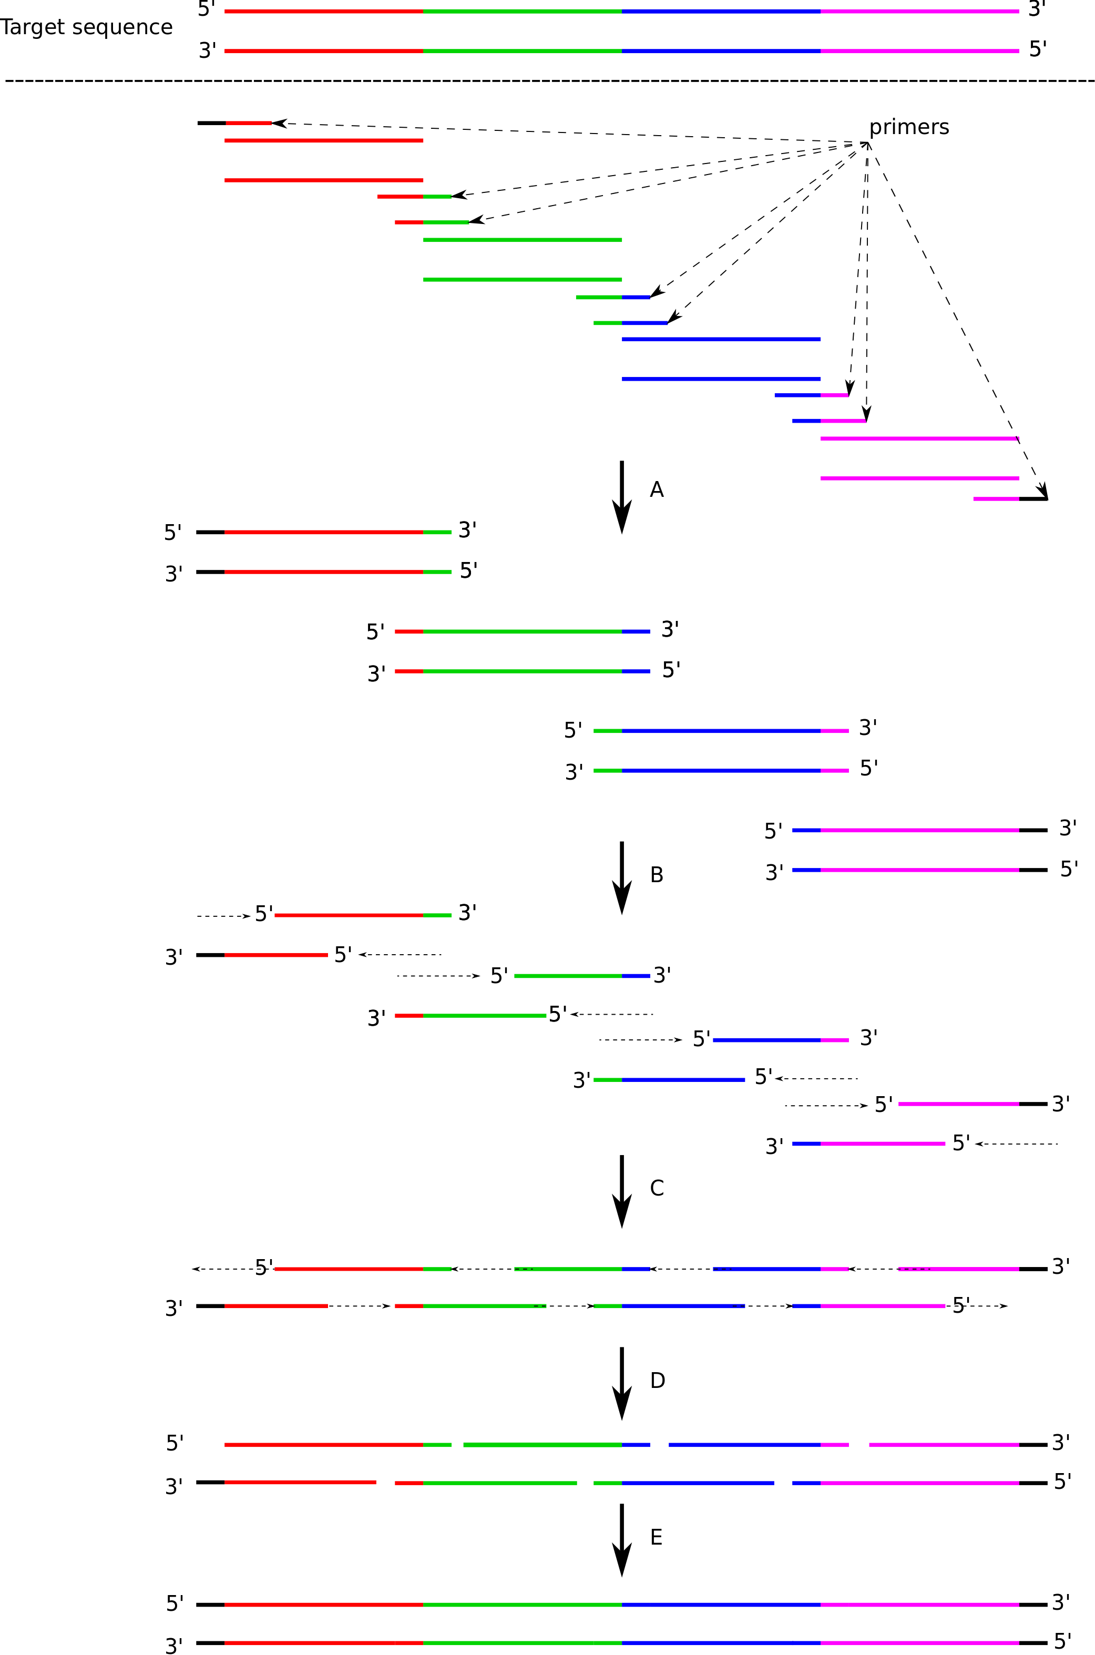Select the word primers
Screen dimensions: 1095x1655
click(x=909, y=128)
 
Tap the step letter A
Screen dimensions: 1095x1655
click(x=657, y=489)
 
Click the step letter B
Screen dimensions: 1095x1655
click(x=657, y=874)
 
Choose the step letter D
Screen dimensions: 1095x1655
click(x=657, y=1380)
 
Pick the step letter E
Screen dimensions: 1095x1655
click(x=657, y=1537)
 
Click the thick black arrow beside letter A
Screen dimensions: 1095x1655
click(x=621, y=497)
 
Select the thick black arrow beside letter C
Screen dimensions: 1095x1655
click(x=621, y=1191)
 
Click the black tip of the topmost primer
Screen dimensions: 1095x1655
click(x=212, y=124)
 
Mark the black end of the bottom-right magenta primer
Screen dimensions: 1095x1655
click(x=1033, y=498)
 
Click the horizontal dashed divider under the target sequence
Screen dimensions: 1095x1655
click(x=549, y=81)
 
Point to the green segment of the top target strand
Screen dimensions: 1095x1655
click(x=523, y=11)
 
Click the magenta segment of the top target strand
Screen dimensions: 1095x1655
click(x=920, y=11)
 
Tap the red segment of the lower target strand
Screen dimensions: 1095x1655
click(x=324, y=51)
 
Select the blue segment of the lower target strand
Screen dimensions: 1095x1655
click(x=721, y=51)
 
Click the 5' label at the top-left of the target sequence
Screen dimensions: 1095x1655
click(x=207, y=9)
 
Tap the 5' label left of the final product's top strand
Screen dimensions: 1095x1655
click(x=175, y=1603)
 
